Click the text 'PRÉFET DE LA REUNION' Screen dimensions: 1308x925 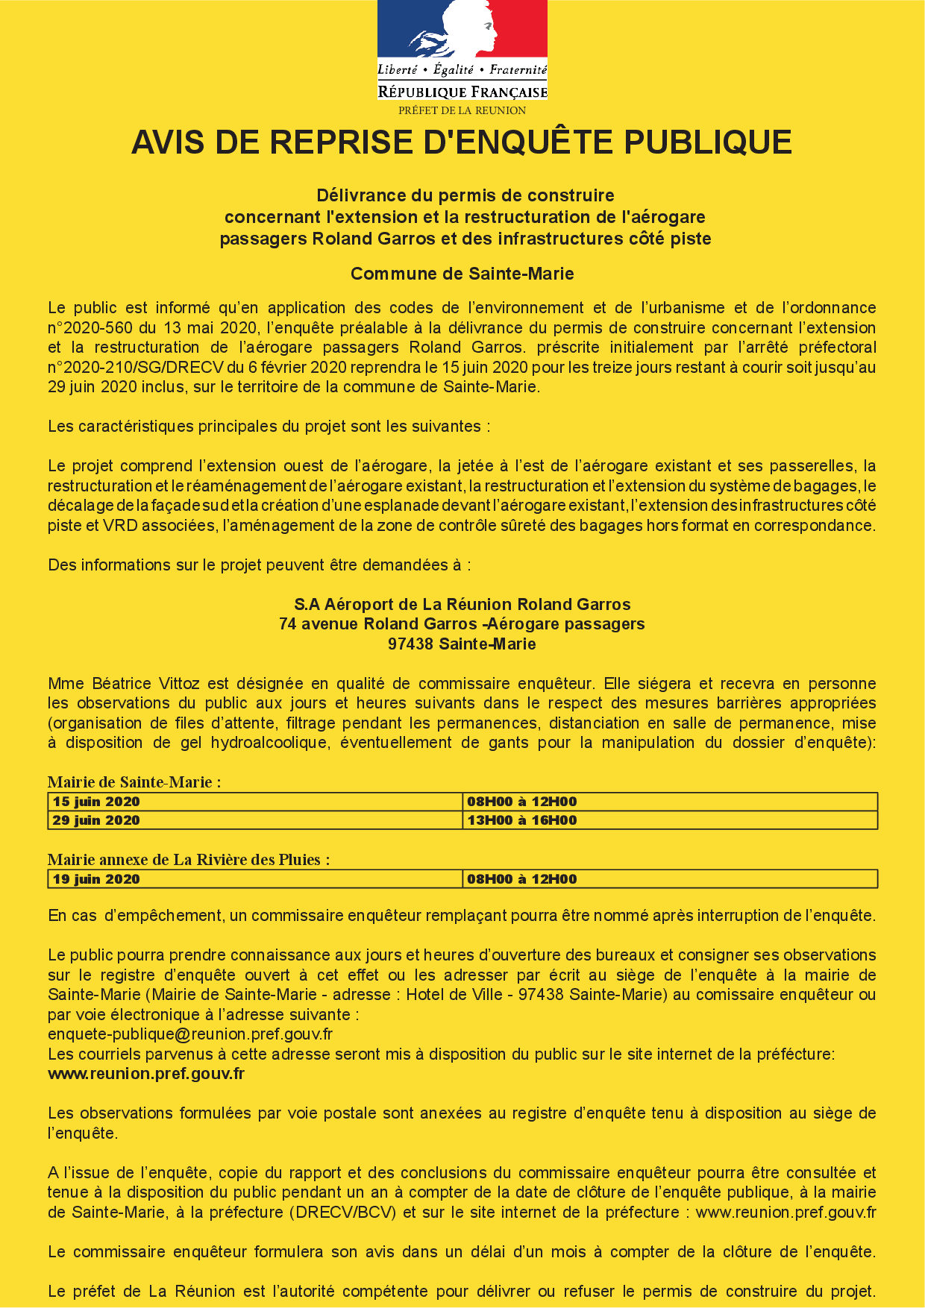tap(462, 110)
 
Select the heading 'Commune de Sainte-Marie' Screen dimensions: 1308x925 tap(462, 274)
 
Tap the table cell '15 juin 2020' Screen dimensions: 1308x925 tap(96, 802)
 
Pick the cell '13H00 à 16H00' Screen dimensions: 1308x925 tap(522, 820)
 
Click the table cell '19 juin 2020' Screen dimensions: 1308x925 tap(96, 879)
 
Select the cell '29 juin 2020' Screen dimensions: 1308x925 tap(96, 820)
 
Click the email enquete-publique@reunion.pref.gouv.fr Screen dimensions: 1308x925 tap(190, 1034)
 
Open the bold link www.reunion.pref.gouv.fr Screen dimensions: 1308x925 tap(146, 1074)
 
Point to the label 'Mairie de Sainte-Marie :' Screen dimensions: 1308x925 tap(134, 782)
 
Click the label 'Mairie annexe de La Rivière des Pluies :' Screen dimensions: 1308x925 tap(189, 860)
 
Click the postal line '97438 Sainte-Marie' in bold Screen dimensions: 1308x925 tap(462, 644)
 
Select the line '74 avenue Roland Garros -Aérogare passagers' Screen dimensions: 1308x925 tap(462, 624)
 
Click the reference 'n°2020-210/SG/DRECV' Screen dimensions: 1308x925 tap(136, 368)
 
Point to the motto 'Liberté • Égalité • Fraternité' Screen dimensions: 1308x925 tap(462, 70)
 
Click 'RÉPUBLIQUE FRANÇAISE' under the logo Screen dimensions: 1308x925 tap(462, 92)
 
